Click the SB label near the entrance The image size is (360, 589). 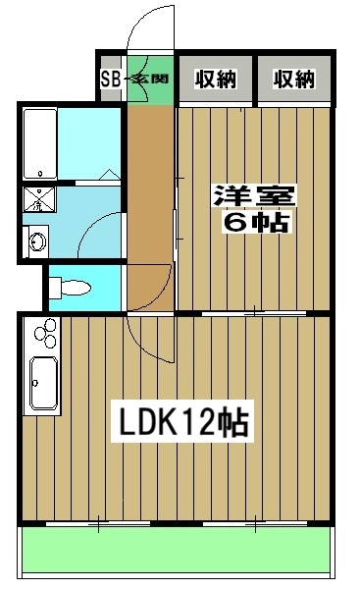[x=112, y=80]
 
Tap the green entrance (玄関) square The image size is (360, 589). [x=152, y=80]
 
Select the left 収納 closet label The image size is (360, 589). [x=215, y=80]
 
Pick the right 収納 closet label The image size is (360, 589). [x=293, y=80]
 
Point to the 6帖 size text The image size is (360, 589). [x=257, y=223]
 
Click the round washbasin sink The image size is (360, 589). [x=38, y=241]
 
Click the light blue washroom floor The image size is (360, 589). [x=93, y=206]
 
